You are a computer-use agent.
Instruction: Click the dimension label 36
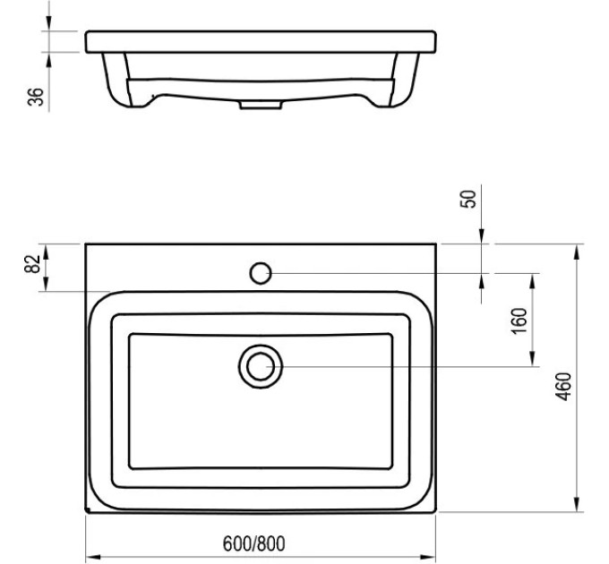(x=35, y=97)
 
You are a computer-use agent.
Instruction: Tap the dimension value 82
(x=32, y=264)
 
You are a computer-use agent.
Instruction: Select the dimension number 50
(x=468, y=199)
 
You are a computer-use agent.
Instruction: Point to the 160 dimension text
(x=519, y=320)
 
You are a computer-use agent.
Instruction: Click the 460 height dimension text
(x=563, y=386)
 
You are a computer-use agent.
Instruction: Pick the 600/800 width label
(x=254, y=543)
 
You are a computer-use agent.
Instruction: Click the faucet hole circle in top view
(x=261, y=273)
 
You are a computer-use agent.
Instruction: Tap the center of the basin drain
(x=261, y=366)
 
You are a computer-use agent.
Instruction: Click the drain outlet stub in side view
(x=261, y=105)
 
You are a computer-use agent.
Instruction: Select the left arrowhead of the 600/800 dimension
(x=93, y=557)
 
